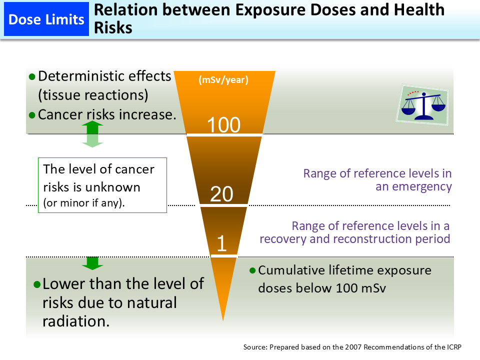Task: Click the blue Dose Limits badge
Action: tap(46, 19)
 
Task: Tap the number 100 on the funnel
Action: tap(224, 124)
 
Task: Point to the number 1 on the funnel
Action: tap(222, 243)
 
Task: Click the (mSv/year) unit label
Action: tap(223, 79)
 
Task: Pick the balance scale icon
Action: tap(423, 104)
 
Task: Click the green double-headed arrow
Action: tap(92, 134)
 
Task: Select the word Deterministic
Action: tap(79, 76)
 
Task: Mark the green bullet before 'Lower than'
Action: tap(36, 284)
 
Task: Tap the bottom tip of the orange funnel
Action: tap(223, 319)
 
